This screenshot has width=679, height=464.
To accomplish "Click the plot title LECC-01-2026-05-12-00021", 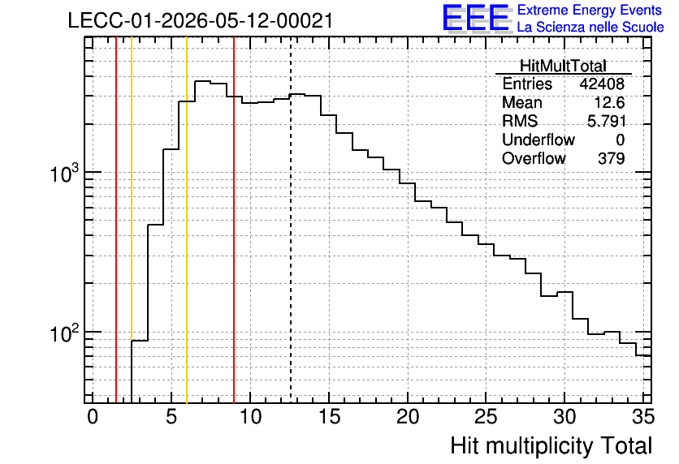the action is pyautogui.click(x=201, y=20).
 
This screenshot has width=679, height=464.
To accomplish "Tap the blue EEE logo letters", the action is pyautogui.click(x=476, y=17).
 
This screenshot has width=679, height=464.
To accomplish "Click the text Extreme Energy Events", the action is pyautogui.click(x=590, y=10).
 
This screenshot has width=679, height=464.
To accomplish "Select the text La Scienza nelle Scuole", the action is pyautogui.click(x=590, y=28).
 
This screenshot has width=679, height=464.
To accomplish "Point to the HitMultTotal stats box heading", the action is pyautogui.click(x=563, y=66).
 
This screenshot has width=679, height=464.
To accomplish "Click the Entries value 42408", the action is pyautogui.click(x=602, y=84).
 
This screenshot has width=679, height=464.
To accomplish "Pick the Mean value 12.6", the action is pyautogui.click(x=609, y=102).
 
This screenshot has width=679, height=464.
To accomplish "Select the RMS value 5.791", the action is pyautogui.click(x=607, y=121).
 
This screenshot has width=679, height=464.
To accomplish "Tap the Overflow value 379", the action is pyautogui.click(x=612, y=158).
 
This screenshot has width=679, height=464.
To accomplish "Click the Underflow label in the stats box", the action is pyautogui.click(x=538, y=140).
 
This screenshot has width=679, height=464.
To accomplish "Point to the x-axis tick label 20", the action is pyautogui.click(x=408, y=417).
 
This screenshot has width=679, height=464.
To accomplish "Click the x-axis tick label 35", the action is pyautogui.click(x=643, y=417).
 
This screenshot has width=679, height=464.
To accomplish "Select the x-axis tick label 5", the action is pyautogui.click(x=171, y=417).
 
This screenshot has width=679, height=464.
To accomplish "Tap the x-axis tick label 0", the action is pyautogui.click(x=93, y=417).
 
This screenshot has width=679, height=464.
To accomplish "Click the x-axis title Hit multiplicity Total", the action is pyautogui.click(x=551, y=445).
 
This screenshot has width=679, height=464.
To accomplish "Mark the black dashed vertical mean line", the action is pyautogui.click(x=291, y=221).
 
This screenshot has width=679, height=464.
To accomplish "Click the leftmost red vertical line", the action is pyautogui.click(x=116, y=221).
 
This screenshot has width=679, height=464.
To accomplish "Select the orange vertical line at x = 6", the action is pyautogui.click(x=187, y=221).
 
